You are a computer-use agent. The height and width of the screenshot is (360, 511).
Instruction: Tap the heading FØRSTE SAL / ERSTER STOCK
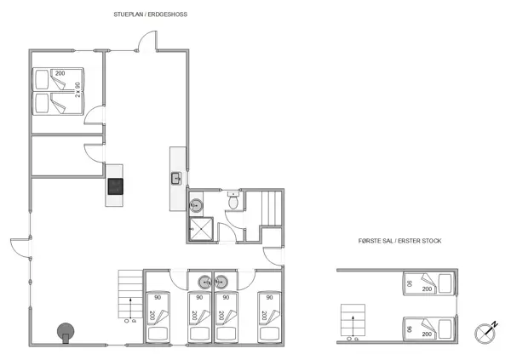tap(399, 241)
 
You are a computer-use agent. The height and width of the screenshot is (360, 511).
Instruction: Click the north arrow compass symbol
tap(488, 330)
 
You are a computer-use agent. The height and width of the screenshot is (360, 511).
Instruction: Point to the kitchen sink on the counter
tap(175, 178)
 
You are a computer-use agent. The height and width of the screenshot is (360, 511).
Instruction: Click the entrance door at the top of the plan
tap(147, 43)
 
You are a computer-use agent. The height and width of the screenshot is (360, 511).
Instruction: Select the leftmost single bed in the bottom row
tap(159, 317)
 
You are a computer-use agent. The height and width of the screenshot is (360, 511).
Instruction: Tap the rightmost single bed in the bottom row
tap(269, 317)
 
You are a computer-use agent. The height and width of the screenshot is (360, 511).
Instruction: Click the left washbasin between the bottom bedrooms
tap(204, 282)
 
